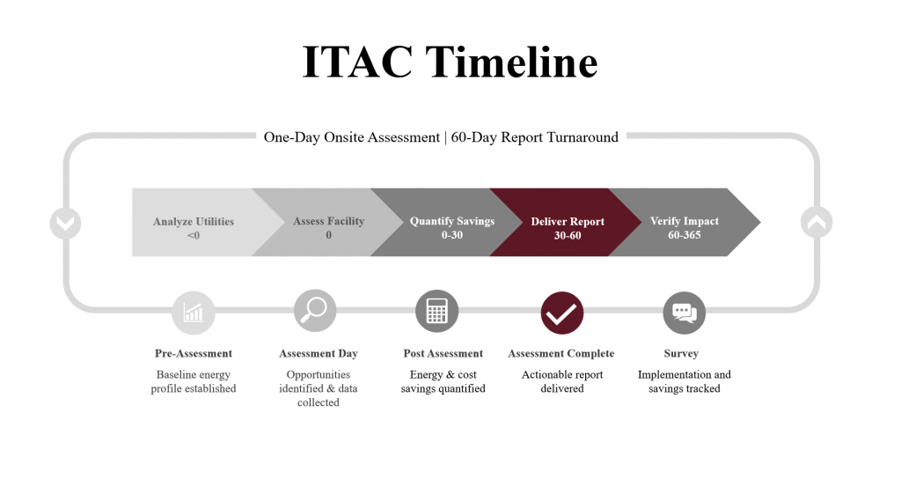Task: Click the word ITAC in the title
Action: click(357, 61)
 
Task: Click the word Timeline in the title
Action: click(511, 61)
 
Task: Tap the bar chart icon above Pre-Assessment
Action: click(193, 313)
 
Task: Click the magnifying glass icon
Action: click(315, 311)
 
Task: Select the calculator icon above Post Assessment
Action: click(436, 311)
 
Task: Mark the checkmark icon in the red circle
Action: click(562, 313)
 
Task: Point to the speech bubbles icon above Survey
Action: click(684, 313)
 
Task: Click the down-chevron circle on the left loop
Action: click(65, 223)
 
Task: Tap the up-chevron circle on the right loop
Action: click(817, 222)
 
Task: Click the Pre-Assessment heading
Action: click(193, 353)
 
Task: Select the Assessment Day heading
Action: click(319, 353)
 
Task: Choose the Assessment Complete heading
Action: click(560, 353)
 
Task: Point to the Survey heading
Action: click(681, 353)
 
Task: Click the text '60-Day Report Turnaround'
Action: click(534, 136)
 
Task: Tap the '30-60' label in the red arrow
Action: click(568, 235)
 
